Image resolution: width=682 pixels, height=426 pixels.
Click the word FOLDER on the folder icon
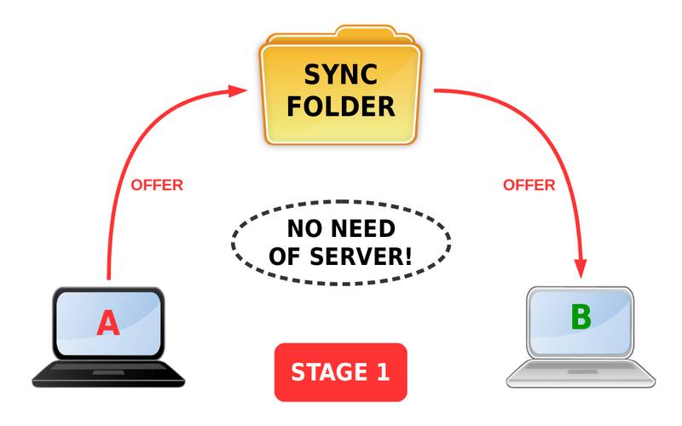click(x=340, y=106)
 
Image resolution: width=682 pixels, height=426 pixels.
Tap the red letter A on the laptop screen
click(x=108, y=324)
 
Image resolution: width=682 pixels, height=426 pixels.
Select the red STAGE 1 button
click(x=340, y=372)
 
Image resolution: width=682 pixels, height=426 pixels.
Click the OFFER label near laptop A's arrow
click(x=156, y=185)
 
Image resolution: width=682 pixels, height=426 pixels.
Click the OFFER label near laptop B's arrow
click(x=529, y=185)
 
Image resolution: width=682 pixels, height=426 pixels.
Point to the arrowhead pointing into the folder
click(x=239, y=89)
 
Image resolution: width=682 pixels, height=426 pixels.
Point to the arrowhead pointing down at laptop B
click(x=582, y=267)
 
